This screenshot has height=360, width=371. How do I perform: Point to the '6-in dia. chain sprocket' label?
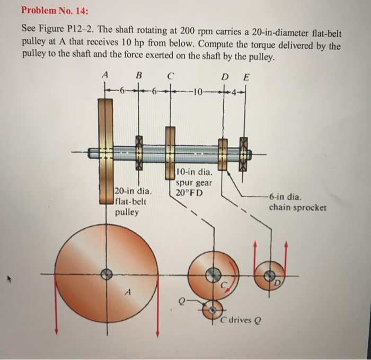(x=297, y=201)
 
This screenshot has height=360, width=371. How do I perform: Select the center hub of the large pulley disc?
(x=108, y=274)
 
